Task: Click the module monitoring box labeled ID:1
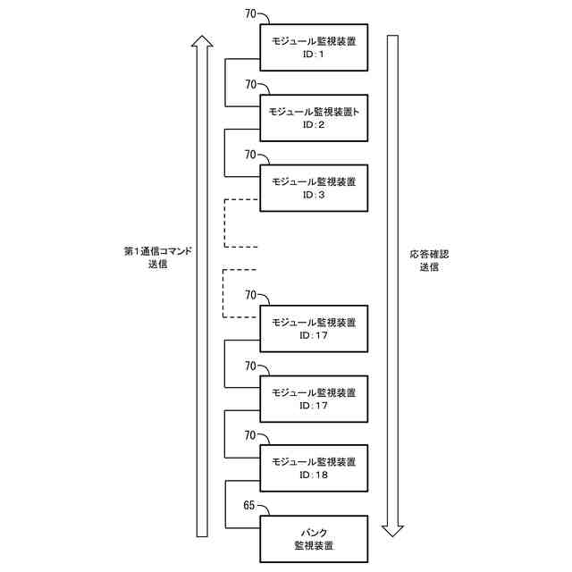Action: click(x=313, y=46)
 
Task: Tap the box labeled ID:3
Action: click(x=313, y=187)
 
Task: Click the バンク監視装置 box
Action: click(x=313, y=537)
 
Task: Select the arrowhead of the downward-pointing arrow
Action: click(x=392, y=529)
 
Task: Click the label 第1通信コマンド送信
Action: click(x=158, y=259)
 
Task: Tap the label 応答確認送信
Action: click(x=428, y=260)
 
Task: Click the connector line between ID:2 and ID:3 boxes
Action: click(x=224, y=152)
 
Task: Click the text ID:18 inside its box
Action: click(x=313, y=475)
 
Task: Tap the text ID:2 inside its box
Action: click(x=313, y=125)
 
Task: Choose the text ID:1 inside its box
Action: click(x=313, y=55)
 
